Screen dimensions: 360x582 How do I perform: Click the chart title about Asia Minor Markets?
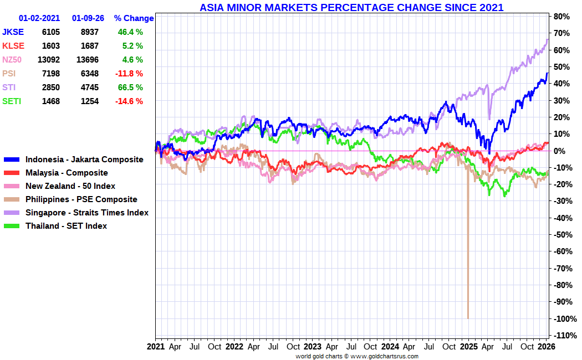click(351, 7)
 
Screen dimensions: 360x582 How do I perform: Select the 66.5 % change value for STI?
click(130, 88)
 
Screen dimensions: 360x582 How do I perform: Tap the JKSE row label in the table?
click(13, 32)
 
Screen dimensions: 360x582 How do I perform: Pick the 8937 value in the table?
click(94, 32)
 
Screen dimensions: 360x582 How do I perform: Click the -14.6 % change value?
click(130, 101)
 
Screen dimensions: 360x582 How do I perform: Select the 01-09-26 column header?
click(88, 18)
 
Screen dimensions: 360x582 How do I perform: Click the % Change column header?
click(134, 18)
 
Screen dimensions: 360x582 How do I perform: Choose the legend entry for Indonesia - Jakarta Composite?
click(84, 160)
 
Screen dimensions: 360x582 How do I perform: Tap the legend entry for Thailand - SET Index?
click(66, 226)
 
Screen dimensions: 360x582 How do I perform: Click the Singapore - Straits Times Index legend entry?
click(87, 213)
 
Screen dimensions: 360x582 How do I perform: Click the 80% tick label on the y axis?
click(561, 17)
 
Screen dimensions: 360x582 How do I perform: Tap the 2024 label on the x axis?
click(394, 347)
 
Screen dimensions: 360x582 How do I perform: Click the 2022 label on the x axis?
click(234, 347)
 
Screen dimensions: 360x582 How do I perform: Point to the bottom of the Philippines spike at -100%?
click(468, 318)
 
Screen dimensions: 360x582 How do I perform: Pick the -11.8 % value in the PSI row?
click(130, 74)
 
